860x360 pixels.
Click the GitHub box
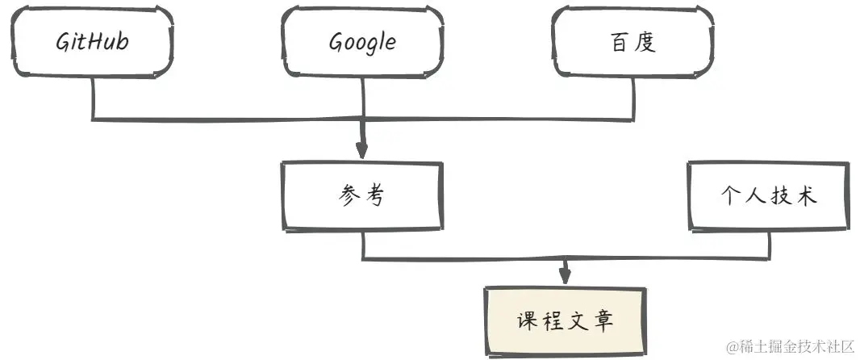point(93,43)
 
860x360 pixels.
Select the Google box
point(362,43)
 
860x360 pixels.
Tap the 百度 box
point(632,43)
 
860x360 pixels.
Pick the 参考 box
point(362,196)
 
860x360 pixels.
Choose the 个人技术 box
point(769,196)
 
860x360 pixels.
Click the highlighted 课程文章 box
point(566,320)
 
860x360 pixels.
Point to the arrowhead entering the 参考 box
point(361,150)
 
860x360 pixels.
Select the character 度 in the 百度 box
point(646,43)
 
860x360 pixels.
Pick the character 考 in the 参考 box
point(375,196)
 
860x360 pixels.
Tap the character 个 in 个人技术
point(732,196)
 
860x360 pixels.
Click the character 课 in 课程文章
point(527,320)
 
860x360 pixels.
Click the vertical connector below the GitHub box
point(93,98)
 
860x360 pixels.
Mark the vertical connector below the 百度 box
point(632,98)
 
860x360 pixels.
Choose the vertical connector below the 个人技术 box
point(769,245)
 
